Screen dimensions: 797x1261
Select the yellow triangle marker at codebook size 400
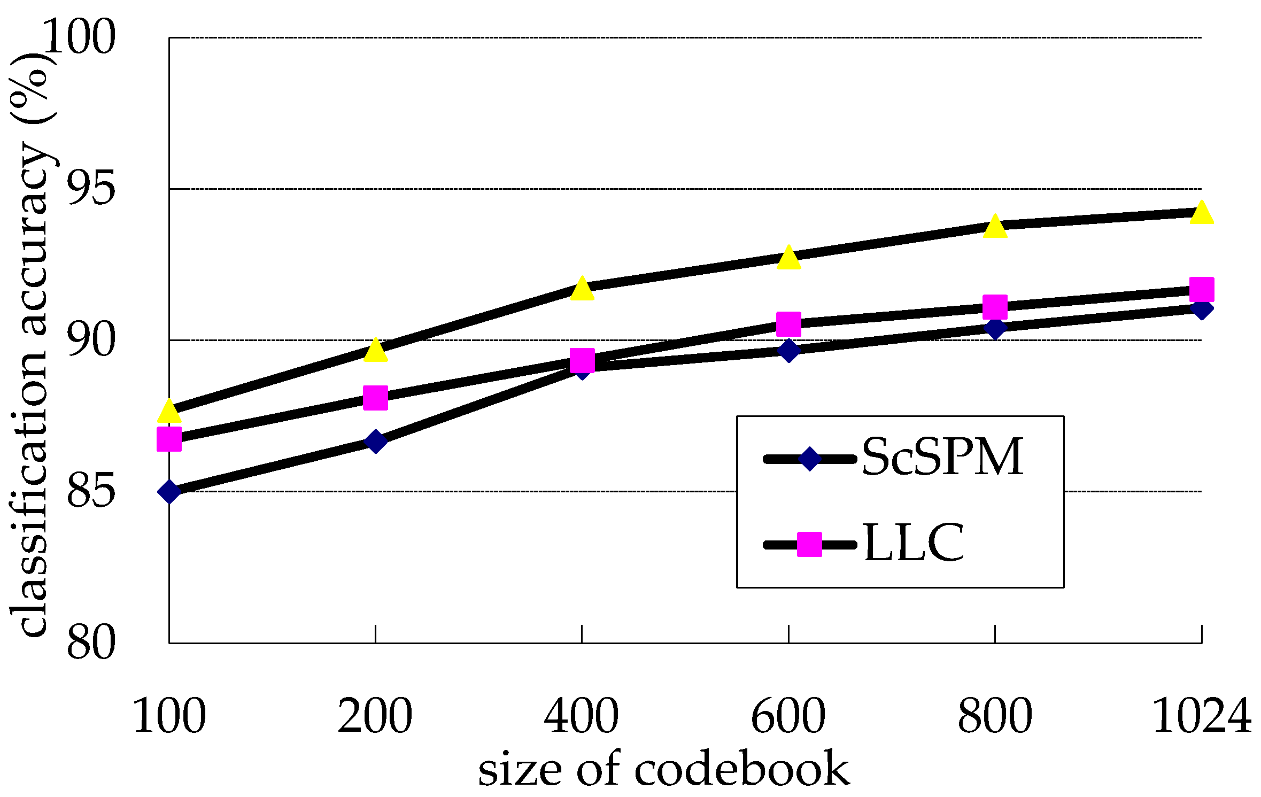[x=582, y=290]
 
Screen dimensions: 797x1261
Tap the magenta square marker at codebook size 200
[x=375, y=398]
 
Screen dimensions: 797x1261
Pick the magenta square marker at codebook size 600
[x=788, y=324]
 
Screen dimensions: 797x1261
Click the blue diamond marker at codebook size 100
[x=169, y=491]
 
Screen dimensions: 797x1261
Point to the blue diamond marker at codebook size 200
[x=375, y=442]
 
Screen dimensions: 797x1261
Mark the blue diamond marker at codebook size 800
[x=995, y=328]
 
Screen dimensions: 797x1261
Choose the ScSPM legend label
[x=942, y=457]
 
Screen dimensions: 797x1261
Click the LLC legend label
[x=914, y=544]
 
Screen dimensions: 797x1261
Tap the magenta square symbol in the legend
[x=809, y=544]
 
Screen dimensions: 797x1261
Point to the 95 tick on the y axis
[x=91, y=189]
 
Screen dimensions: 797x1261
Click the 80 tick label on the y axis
[x=91, y=643]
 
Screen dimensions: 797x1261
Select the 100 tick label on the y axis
[x=79, y=37]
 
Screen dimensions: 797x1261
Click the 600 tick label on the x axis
[x=788, y=716]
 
